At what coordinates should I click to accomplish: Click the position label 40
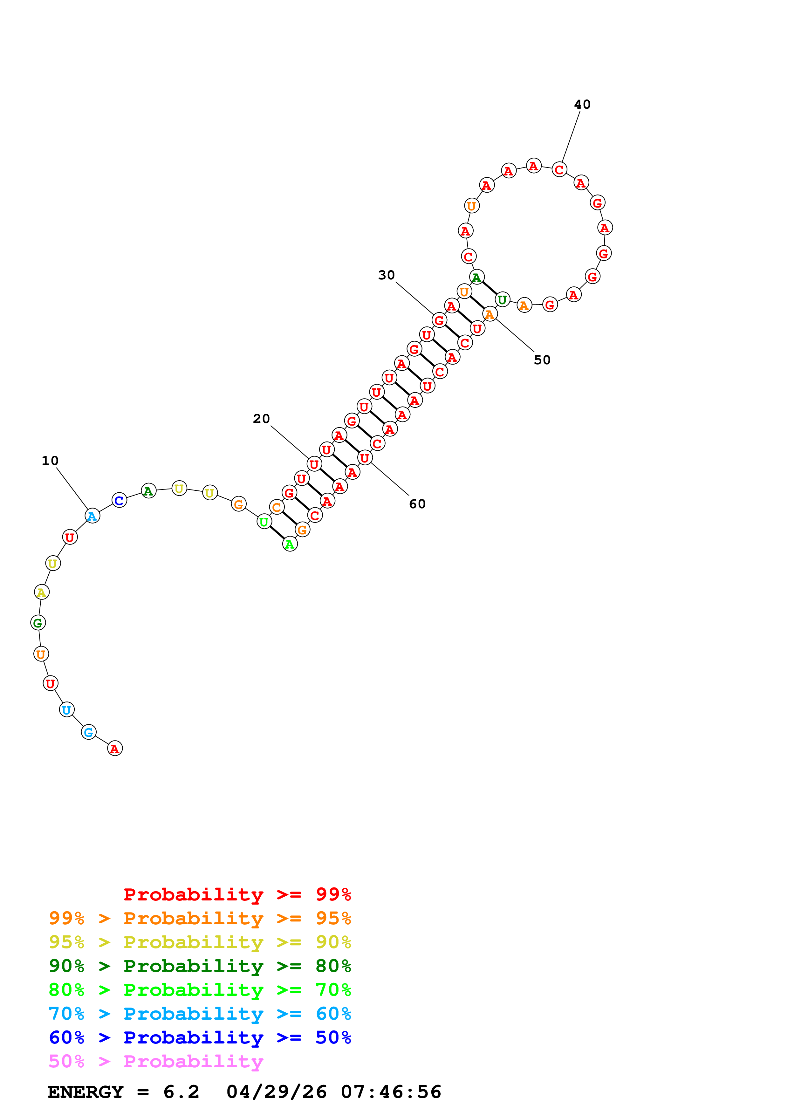(x=582, y=104)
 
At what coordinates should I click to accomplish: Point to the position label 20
(x=261, y=419)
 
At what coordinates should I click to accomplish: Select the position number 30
(x=387, y=275)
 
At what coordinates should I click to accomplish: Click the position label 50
(x=542, y=360)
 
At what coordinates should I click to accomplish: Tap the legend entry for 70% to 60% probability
(x=200, y=1014)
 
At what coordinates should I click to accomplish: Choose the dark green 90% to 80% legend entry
(x=200, y=966)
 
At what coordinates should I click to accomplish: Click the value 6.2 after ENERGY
(x=181, y=1092)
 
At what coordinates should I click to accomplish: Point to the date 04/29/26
(x=276, y=1092)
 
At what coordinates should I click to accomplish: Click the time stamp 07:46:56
(x=391, y=1092)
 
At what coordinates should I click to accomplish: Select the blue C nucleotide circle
(x=119, y=500)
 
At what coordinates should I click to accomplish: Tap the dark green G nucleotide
(x=38, y=623)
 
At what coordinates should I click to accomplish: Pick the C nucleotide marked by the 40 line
(x=559, y=170)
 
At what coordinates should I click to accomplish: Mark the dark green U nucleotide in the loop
(x=502, y=300)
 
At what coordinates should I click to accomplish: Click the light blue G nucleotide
(x=88, y=732)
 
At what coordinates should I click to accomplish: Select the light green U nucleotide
(x=264, y=522)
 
